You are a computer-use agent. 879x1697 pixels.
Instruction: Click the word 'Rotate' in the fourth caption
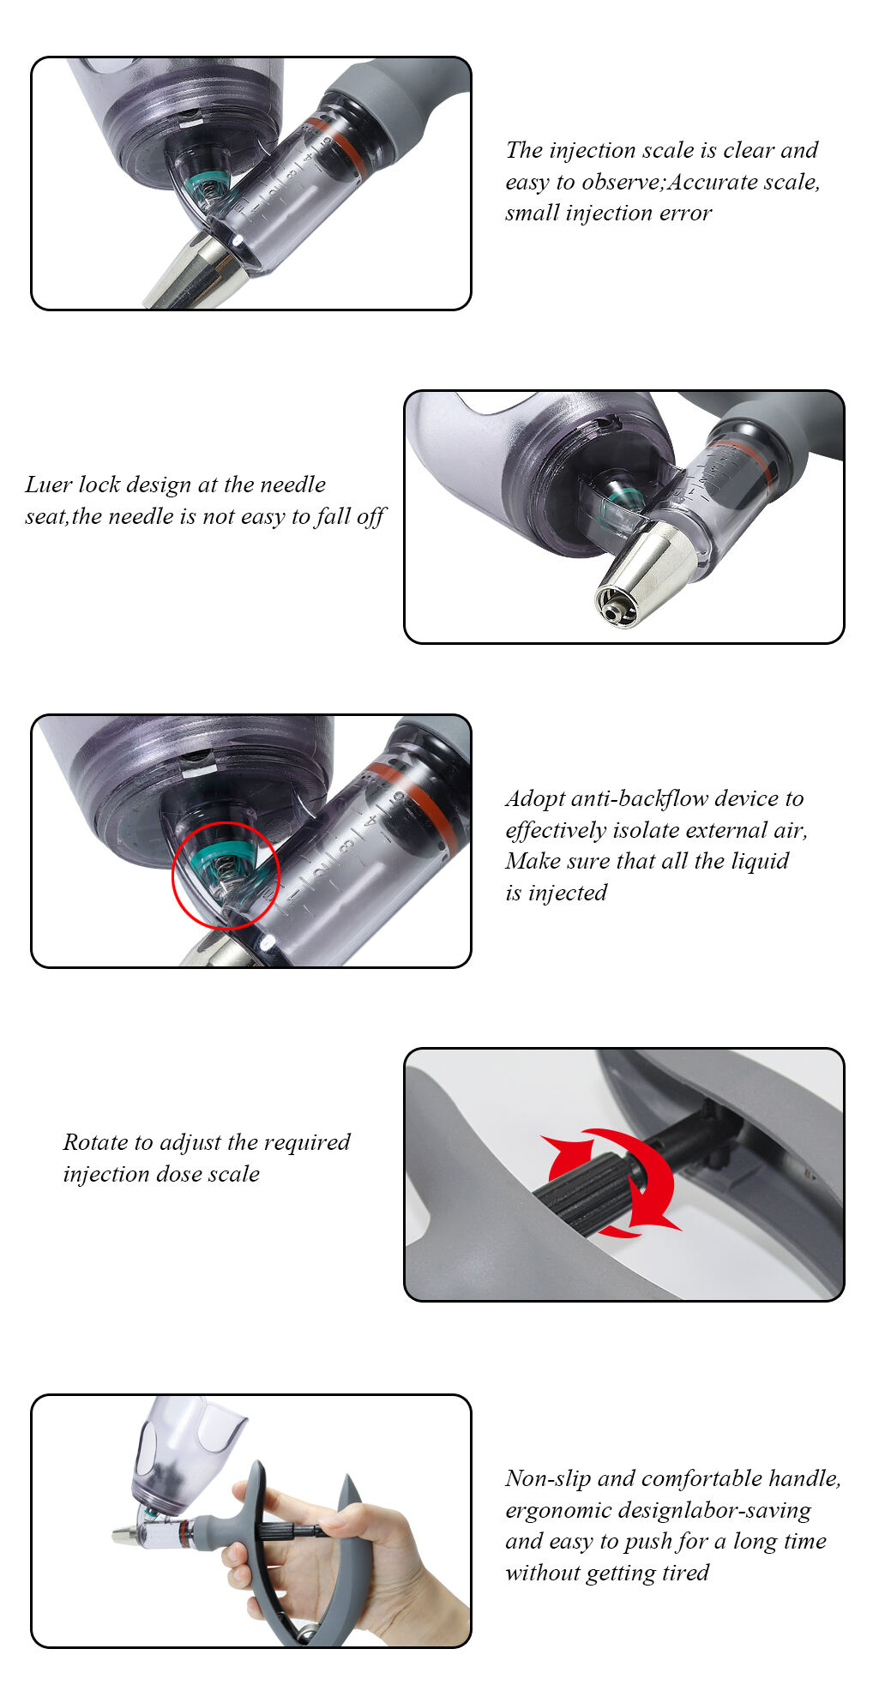[x=95, y=1142]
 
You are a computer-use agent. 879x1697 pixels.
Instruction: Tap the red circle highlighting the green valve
[x=226, y=875]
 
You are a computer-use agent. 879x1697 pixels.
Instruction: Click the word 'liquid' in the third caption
[x=759, y=861]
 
